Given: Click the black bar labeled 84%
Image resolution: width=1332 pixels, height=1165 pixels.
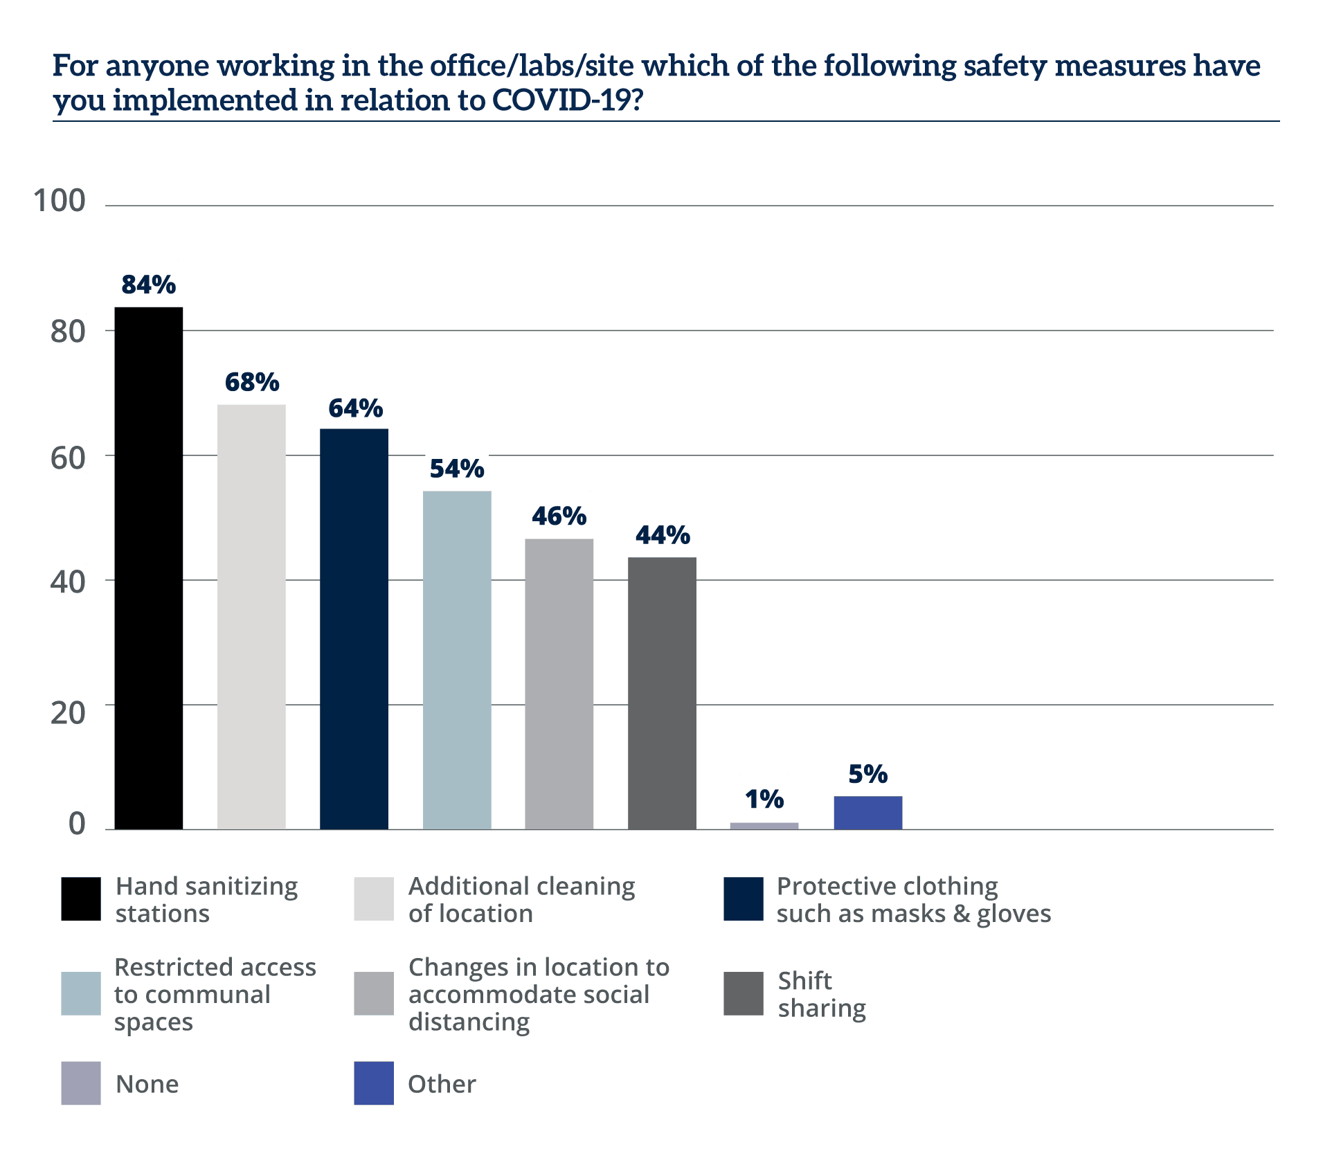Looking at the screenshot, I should [149, 568].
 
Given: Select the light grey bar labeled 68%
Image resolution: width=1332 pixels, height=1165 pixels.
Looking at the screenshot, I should [251, 616].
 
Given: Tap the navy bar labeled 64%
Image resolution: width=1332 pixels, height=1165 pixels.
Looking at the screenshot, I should [354, 629].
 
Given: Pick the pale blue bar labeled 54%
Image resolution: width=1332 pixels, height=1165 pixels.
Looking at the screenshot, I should [457, 660].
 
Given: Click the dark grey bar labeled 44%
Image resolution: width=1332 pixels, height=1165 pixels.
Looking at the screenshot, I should [662, 693].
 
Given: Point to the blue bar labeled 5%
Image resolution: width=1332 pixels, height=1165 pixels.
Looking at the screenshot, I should [868, 813].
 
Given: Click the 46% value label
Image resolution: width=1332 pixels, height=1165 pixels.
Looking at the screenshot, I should [559, 516].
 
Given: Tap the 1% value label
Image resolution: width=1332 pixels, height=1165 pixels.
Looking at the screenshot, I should [764, 799].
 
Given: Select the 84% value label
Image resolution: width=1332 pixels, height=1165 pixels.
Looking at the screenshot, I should [149, 284].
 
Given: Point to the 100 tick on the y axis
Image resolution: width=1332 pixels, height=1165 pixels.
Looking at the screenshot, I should [59, 200].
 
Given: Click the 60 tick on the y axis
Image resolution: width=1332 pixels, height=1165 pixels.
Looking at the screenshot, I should [67, 458].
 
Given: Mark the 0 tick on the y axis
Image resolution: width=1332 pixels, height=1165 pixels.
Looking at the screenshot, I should [76, 822].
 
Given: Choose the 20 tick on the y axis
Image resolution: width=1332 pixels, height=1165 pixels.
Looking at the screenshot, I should [67, 712].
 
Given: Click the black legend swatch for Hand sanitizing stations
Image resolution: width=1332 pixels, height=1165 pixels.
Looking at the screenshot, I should [81, 899].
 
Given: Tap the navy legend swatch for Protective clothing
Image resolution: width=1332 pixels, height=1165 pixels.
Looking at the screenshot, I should [744, 899].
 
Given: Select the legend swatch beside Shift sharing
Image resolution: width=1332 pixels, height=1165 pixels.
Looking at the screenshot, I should [744, 994].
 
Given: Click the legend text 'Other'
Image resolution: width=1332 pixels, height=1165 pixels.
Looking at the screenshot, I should [442, 1084].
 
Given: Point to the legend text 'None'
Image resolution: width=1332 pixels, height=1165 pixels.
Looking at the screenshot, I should [147, 1084].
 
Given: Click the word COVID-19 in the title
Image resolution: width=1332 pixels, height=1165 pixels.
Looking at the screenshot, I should [561, 100].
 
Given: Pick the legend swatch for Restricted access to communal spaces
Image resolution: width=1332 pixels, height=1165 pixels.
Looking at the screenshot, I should [81, 994].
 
